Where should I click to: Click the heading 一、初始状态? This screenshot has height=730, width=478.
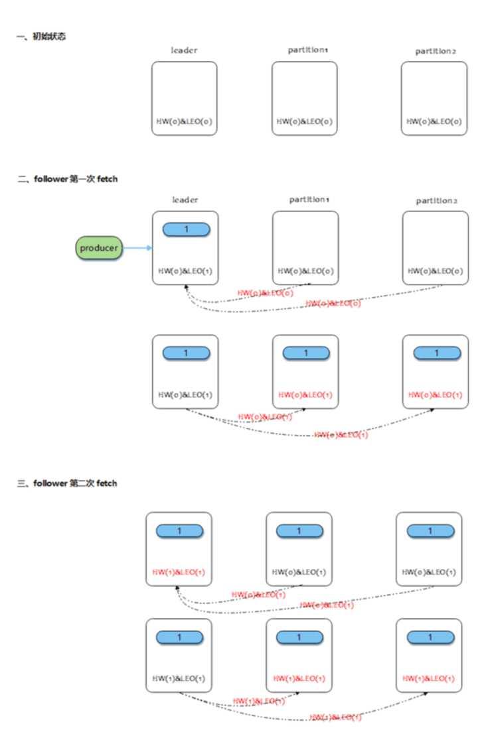click(x=41, y=36)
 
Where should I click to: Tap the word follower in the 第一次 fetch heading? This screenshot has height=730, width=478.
click(x=52, y=179)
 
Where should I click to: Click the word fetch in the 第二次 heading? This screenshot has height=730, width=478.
click(x=106, y=483)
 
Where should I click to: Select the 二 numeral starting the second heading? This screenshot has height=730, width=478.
click(x=21, y=179)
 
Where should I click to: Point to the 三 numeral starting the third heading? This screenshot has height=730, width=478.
click(x=21, y=483)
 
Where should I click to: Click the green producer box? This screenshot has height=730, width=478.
click(x=99, y=249)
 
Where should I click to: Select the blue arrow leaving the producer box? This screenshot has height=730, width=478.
click(x=137, y=249)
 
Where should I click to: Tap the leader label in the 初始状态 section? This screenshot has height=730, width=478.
click(x=184, y=51)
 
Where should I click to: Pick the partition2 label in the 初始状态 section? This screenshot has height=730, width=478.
click(x=436, y=51)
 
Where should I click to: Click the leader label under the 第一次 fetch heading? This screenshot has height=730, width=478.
click(x=185, y=200)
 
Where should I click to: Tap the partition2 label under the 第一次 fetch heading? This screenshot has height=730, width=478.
click(x=436, y=200)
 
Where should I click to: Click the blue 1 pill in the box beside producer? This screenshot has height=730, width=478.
click(x=186, y=229)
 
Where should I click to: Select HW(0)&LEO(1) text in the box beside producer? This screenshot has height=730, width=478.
click(x=185, y=271)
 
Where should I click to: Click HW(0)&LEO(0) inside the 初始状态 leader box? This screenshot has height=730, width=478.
click(x=184, y=121)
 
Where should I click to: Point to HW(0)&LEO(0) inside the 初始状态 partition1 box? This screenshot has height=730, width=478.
click(x=305, y=121)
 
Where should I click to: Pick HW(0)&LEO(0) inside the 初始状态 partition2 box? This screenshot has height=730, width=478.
click(x=435, y=121)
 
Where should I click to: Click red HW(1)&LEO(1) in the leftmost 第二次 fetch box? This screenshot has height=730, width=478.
click(x=179, y=572)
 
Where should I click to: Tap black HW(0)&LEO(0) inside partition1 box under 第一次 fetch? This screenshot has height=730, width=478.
click(x=305, y=271)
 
